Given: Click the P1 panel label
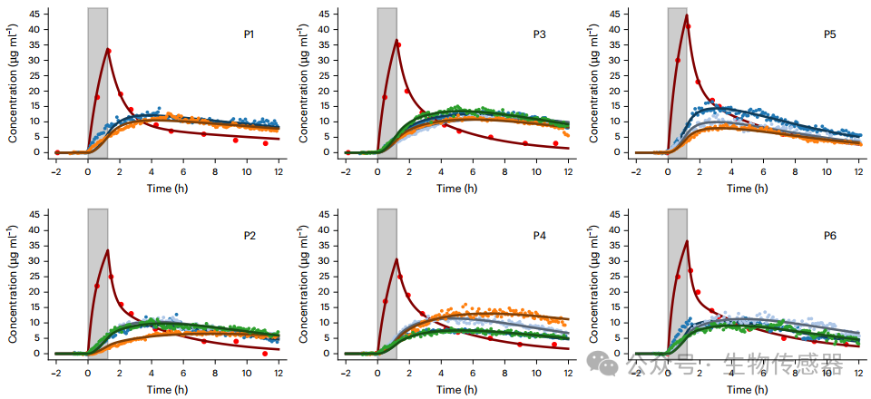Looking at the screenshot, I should [x=249, y=34].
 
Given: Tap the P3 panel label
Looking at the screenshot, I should [x=539, y=34].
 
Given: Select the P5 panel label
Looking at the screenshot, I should [x=829, y=34].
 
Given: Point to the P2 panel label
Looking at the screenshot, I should [x=249, y=236].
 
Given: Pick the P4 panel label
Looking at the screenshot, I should [x=539, y=236].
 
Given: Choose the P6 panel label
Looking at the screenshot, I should [x=829, y=236].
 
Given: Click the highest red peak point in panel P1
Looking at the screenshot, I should [x=108, y=50].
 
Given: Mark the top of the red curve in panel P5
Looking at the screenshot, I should [x=687, y=15].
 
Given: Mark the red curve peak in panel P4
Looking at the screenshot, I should [x=397, y=259].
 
